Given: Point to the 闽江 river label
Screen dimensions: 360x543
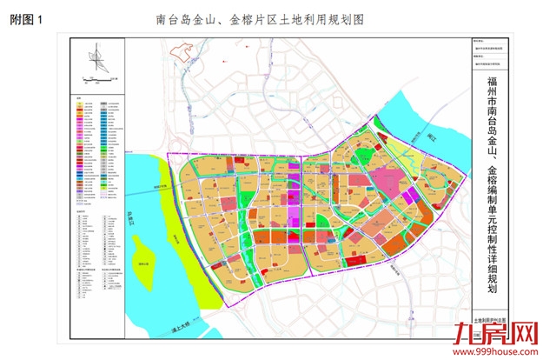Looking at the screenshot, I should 432,137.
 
